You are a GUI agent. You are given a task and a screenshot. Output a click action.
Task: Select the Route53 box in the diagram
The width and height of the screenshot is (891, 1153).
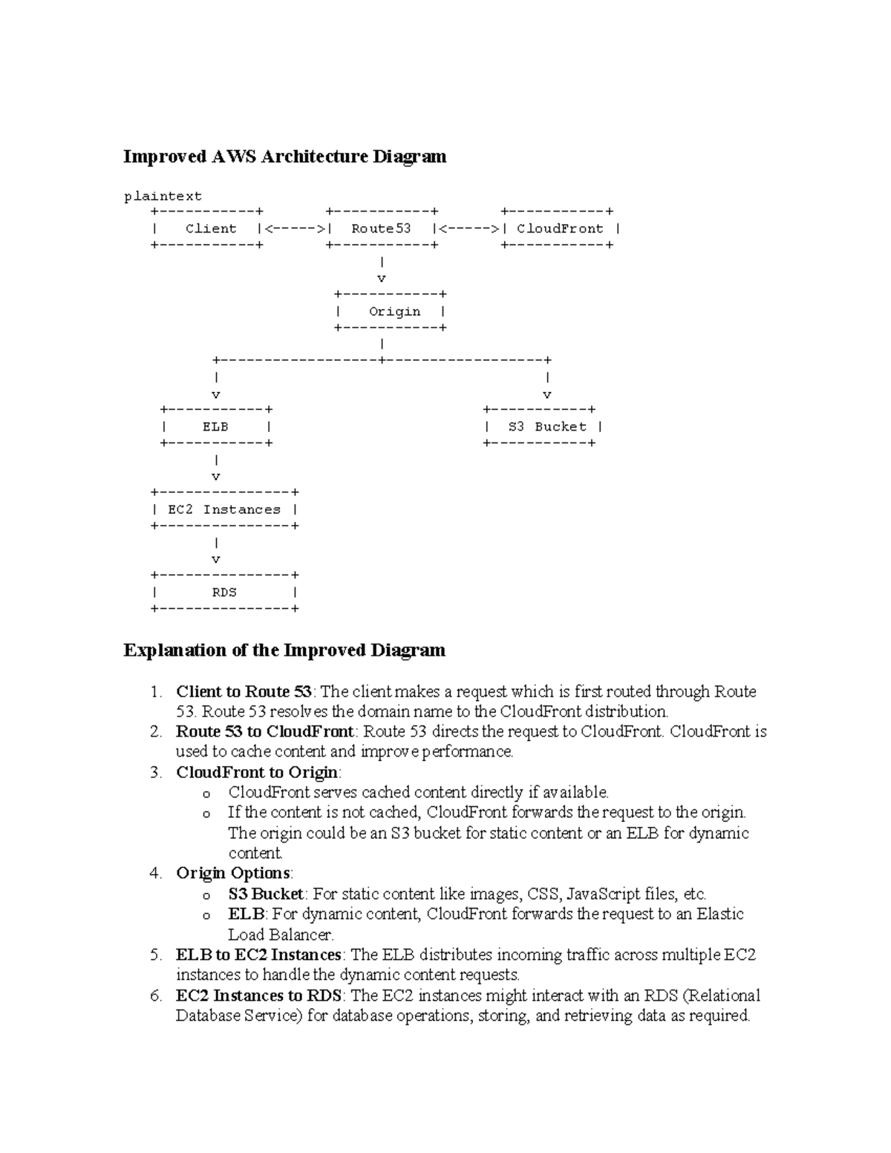click(x=382, y=229)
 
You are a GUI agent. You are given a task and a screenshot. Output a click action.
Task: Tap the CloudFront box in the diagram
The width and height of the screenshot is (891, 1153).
click(x=561, y=229)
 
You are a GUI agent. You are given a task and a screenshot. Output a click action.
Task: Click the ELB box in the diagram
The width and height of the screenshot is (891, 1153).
click(x=215, y=427)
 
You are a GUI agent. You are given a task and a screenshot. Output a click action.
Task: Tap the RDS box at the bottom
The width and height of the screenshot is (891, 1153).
click(x=224, y=592)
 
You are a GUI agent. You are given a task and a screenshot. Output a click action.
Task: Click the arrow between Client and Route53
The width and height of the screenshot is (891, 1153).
click(x=294, y=229)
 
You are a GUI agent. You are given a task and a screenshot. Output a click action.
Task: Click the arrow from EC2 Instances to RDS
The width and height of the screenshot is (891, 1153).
click(x=216, y=552)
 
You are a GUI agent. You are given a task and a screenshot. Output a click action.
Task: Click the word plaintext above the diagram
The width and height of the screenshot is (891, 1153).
click(x=163, y=196)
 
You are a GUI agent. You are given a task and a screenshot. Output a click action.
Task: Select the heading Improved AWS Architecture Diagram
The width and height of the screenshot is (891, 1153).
click(x=284, y=157)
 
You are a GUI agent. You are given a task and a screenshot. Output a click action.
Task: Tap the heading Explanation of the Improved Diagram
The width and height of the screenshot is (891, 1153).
click(x=284, y=650)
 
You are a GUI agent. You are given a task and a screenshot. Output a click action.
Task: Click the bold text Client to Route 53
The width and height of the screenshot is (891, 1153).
click(x=244, y=692)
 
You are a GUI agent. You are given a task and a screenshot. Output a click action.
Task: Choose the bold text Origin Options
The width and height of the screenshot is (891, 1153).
click(x=233, y=873)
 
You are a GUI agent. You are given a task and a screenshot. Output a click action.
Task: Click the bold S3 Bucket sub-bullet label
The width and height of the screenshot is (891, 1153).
click(x=266, y=894)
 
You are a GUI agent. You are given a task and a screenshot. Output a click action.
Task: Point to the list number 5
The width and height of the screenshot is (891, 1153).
click(x=155, y=955)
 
